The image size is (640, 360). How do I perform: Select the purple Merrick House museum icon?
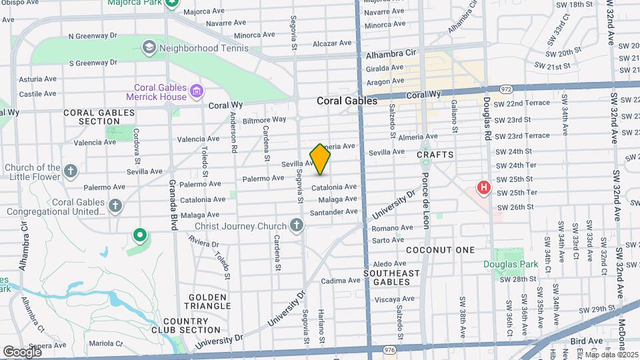point(196,91)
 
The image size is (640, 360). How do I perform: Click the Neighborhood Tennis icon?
point(149,47)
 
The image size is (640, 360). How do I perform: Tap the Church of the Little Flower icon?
point(71,171)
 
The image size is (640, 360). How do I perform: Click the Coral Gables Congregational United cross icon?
point(115,205)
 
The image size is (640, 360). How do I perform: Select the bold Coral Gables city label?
point(347,101)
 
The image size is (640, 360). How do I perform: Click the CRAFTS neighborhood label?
point(435,155)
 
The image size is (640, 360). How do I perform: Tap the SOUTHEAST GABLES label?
point(391,278)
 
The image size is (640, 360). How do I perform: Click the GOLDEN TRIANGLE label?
point(209,301)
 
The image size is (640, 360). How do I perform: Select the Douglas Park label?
point(511,265)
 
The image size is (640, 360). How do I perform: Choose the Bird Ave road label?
point(587,341)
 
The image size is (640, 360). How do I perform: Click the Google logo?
point(22,351)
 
